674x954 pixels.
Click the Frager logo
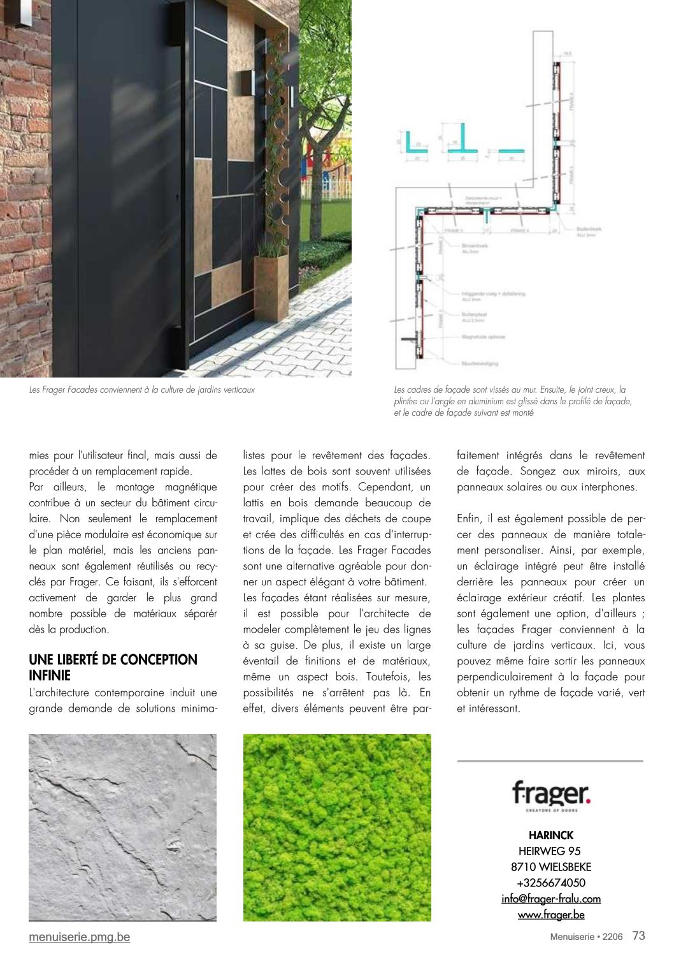coord(551,795)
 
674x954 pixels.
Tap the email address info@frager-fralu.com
coord(551,899)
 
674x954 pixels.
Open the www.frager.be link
coord(551,914)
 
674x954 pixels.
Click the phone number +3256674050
coord(551,883)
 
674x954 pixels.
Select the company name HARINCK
coord(551,835)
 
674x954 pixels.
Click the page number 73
coord(638,936)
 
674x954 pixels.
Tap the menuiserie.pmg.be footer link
coord(80,937)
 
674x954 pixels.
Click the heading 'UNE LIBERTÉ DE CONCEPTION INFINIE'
coord(113,667)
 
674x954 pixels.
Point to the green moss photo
coord(337,828)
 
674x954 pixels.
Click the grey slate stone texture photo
coord(123,828)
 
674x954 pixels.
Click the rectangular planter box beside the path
coord(270,287)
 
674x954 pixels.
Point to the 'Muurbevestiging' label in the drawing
coord(480,363)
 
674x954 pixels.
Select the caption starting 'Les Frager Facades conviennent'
coord(142,390)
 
